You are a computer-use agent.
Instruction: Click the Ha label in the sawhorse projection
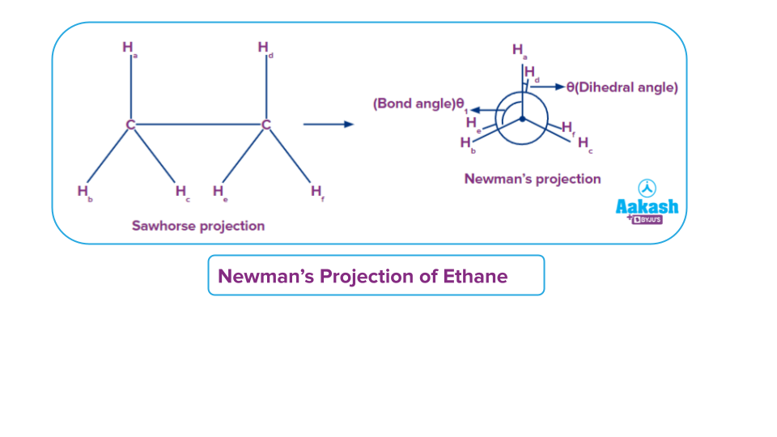point(129,49)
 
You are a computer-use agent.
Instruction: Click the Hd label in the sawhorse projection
point(265,49)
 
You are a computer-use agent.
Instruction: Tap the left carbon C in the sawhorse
point(129,125)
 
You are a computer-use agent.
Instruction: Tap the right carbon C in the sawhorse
point(265,125)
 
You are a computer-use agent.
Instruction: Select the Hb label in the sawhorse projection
point(83,193)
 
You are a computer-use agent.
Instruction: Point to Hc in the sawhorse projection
point(181,193)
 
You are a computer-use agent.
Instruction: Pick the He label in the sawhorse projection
point(219,193)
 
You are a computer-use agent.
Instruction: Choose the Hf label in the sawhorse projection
point(316,193)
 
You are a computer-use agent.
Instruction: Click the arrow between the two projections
point(328,125)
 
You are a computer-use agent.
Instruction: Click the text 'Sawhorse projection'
point(198,226)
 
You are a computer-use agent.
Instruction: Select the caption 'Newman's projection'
point(532,179)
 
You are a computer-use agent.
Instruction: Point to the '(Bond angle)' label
point(414,104)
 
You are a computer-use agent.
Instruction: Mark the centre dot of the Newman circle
point(523,119)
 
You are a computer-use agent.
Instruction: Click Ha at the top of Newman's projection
point(519,50)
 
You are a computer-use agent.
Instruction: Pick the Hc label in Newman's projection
point(584,143)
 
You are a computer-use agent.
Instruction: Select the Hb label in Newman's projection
point(466,143)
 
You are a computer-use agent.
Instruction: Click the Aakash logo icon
point(647,188)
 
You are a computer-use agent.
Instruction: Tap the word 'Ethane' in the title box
point(475,277)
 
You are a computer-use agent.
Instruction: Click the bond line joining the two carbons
point(197,125)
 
